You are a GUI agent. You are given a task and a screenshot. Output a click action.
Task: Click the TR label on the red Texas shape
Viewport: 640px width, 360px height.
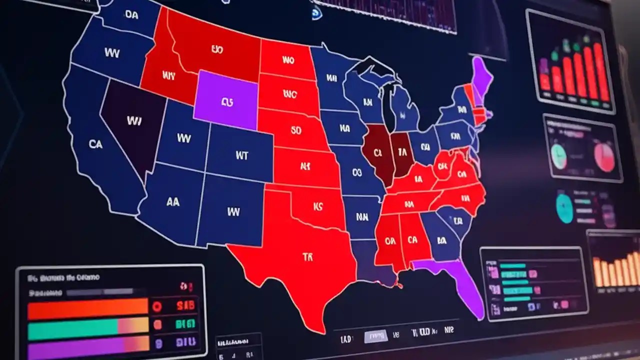point(307,257)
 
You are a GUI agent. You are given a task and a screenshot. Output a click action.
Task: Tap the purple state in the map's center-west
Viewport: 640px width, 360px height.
point(226,100)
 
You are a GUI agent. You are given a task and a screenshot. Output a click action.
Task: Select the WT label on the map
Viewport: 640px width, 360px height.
point(241,155)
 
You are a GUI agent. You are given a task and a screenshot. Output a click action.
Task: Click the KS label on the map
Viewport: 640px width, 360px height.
point(318,205)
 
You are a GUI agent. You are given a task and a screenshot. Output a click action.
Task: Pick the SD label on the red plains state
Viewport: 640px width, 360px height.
point(295,130)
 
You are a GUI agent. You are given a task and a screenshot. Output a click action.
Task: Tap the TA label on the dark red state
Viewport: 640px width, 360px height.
point(402,150)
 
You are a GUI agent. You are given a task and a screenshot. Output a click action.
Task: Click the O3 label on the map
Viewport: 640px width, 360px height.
point(356,172)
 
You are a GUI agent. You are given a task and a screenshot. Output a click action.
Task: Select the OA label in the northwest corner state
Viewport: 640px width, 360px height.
point(131,15)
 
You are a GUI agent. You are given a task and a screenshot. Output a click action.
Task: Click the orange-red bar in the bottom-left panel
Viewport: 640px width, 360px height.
point(87,309)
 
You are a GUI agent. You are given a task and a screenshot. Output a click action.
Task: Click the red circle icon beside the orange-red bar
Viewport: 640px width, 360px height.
point(157,306)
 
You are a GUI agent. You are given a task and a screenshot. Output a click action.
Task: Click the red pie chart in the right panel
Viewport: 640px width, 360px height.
point(604,156)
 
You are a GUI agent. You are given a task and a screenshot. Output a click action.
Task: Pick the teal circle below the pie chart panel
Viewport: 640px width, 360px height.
point(564,208)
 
